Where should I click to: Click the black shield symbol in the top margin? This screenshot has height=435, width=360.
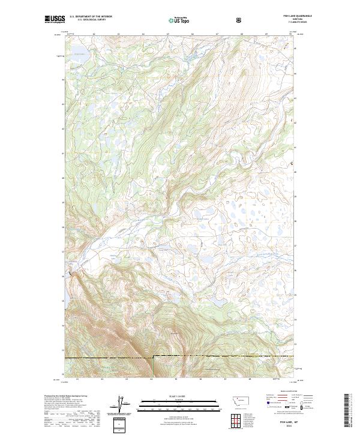coord(240,20)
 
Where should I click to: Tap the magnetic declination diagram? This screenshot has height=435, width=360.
coord(122,405)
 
